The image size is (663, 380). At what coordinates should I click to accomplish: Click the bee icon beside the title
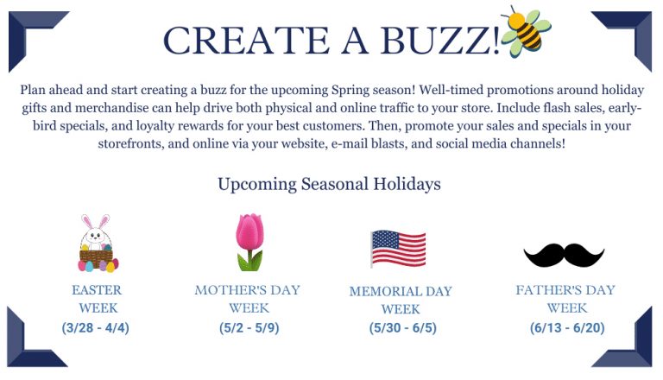tap(525, 32)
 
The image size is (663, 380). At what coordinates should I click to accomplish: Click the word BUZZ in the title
tap(429, 40)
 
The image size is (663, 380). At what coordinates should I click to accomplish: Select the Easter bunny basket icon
tap(98, 244)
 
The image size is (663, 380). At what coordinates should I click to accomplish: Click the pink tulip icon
tap(249, 243)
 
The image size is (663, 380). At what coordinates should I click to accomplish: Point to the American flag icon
tap(398, 248)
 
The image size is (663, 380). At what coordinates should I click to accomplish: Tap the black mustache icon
tap(564, 254)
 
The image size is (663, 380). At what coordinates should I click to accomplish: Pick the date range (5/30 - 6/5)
tap(400, 328)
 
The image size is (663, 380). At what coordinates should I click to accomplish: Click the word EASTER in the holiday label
tap(97, 290)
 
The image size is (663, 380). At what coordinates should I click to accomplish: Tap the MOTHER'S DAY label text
tap(249, 290)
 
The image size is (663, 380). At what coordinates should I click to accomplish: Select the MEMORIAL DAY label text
tap(401, 291)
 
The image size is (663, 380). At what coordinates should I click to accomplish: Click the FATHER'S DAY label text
tap(565, 290)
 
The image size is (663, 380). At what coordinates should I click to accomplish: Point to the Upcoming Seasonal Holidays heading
tap(329, 184)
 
